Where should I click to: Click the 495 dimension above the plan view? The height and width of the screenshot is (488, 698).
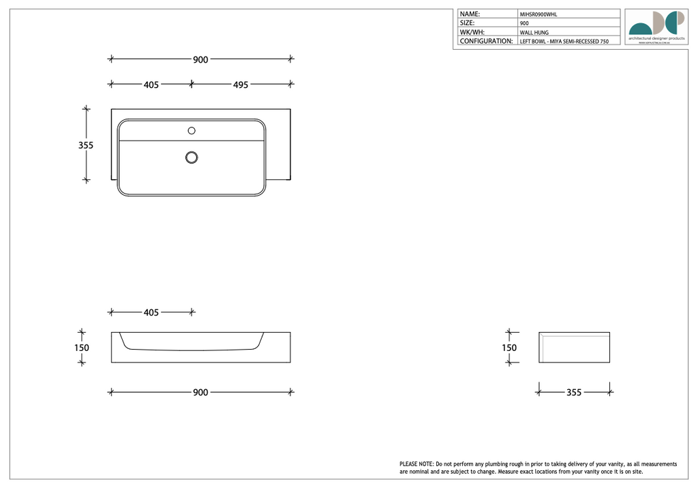241,85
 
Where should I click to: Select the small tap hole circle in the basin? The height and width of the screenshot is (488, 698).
192,130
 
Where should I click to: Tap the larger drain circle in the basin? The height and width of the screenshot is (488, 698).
192,157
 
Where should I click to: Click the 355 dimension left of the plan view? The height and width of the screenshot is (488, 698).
85,145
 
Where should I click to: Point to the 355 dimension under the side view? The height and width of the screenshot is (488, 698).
574,393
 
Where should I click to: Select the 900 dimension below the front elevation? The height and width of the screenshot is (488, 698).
200,393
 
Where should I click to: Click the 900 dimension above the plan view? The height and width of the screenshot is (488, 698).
200,60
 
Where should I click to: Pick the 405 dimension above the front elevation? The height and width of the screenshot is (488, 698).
151,313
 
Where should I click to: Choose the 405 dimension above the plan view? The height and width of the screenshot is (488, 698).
151,85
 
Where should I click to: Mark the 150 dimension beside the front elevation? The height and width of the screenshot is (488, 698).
82,348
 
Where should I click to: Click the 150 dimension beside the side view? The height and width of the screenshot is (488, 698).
509,348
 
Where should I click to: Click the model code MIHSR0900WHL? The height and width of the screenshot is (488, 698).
538,14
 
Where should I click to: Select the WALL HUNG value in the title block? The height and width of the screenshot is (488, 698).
534,32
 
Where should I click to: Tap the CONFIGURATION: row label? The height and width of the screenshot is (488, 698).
486,41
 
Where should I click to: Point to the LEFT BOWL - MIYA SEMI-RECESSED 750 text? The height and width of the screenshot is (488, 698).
564,42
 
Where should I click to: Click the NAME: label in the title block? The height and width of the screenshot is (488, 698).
470,14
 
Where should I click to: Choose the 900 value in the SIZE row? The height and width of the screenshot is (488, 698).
524,23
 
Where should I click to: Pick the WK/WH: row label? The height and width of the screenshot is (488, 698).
472,32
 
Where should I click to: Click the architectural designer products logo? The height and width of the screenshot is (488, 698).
656,26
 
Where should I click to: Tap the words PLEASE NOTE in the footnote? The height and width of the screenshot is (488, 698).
416,464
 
